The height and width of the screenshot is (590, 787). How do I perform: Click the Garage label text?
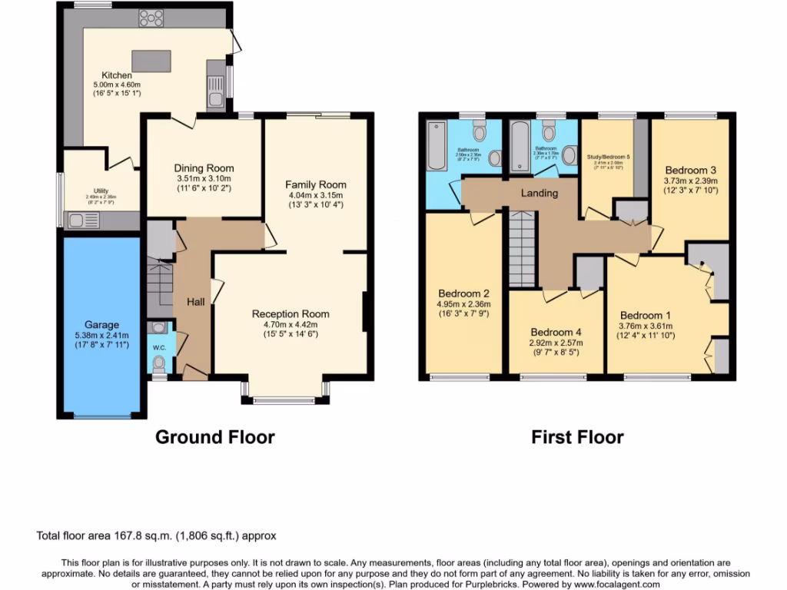click(101, 325)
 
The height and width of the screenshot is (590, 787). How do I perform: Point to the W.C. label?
click(159, 347)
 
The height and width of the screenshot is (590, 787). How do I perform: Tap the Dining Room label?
click(204, 168)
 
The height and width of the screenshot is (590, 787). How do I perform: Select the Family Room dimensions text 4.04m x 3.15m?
click(316, 194)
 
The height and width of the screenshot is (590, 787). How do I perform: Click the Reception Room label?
click(291, 313)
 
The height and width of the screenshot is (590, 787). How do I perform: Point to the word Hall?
click(195, 303)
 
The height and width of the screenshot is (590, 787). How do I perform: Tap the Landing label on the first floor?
click(540, 193)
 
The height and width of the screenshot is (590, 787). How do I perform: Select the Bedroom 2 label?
click(464, 293)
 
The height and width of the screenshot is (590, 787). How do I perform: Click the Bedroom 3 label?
click(691, 170)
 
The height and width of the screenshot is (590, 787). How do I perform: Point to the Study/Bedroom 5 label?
click(607, 157)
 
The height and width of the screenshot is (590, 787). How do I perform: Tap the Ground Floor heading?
click(214, 437)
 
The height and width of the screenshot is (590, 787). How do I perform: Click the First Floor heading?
click(577, 437)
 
